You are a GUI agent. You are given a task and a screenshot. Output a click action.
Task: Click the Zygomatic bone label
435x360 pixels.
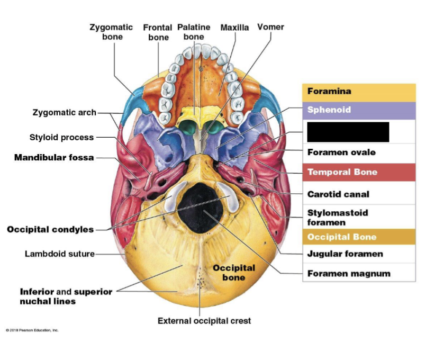112,32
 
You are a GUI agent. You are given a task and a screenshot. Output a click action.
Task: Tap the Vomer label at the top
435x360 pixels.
270,27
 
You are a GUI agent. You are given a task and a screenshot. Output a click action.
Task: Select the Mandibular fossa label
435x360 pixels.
54,157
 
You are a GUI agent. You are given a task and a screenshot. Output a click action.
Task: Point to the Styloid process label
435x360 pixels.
61,137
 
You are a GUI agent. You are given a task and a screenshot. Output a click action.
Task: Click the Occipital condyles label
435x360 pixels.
50,229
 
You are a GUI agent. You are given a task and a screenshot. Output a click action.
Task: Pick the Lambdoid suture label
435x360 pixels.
59,254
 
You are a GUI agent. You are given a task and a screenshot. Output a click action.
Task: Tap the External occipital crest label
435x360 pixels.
204,321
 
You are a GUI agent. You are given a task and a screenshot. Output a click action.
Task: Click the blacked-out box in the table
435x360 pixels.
348,132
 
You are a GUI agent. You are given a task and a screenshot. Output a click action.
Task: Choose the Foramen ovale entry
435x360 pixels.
341,152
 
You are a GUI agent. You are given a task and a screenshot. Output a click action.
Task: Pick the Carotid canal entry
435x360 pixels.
338,194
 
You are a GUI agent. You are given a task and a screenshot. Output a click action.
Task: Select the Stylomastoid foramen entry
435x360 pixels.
338,217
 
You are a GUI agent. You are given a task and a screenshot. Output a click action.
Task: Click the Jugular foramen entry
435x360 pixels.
345,254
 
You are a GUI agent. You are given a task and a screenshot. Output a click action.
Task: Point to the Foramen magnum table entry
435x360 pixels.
349,274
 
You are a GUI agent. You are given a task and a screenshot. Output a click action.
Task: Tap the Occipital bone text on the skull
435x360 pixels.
234,273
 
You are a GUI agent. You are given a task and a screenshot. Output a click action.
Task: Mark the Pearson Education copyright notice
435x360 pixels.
32,330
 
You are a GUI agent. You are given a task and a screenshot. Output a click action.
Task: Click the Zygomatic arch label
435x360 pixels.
65,112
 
